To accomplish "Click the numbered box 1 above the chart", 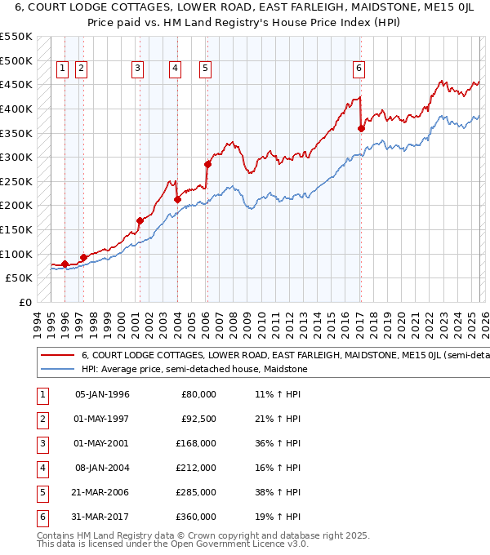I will [x=63, y=69].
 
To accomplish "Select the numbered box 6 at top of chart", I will [x=359, y=69].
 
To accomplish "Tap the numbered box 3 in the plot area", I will [x=137, y=69].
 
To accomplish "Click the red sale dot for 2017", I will [x=361, y=128].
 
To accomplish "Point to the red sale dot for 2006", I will [x=207, y=164].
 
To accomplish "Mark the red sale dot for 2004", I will [x=177, y=199].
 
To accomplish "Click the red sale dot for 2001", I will [x=140, y=220].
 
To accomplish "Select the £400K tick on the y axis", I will [x=16, y=109].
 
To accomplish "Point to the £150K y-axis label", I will [x=16, y=229].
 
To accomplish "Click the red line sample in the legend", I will [x=56, y=356].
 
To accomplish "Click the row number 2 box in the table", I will [x=40, y=419].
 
